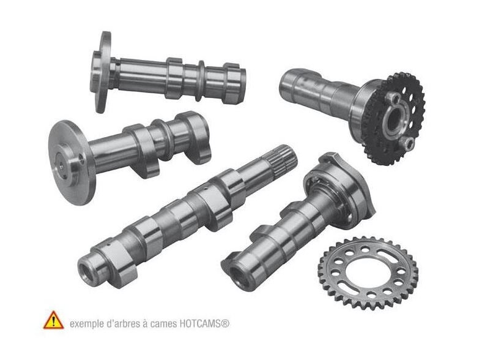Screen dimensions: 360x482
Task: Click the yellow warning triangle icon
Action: pos(53,320)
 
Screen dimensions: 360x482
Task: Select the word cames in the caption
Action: pos(161,322)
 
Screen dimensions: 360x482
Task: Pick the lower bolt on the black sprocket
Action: pos(406,144)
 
